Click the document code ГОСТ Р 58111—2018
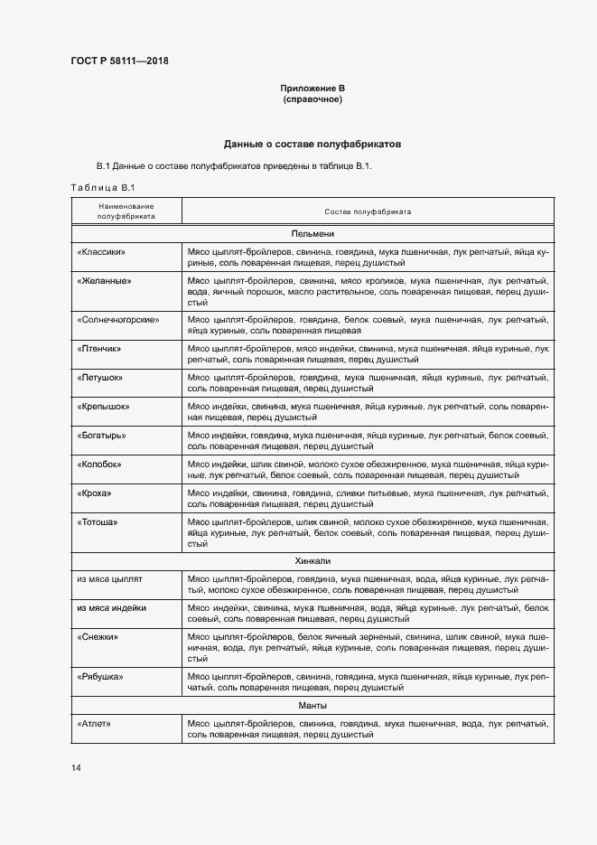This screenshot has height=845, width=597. (119, 61)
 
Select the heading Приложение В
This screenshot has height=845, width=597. (312, 88)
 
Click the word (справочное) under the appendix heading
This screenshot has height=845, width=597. (312, 99)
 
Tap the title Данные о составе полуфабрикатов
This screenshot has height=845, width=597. (312, 144)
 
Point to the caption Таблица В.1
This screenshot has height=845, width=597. (102, 187)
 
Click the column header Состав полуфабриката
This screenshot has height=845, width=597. (368, 211)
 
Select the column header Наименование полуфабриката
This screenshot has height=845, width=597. (126, 211)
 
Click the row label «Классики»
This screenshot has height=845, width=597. (101, 252)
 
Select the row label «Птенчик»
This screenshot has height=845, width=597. (99, 348)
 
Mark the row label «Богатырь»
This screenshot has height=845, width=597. (101, 436)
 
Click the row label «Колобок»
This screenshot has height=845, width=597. (99, 465)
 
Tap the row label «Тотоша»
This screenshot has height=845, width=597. (98, 522)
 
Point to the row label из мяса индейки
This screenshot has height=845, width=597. (112, 608)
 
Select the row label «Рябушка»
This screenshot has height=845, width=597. (100, 677)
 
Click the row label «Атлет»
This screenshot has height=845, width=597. (95, 725)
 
